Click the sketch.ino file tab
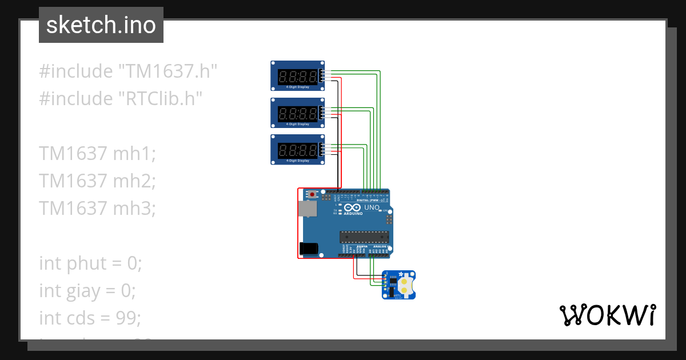click(x=101, y=25)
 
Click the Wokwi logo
click(x=607, y=315)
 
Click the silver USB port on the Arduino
click(x=309, y=210)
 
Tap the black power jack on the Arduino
click(x=309, y=249)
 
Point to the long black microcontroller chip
click(x=364, y=235)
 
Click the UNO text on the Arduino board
click(x=372, y=207)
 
